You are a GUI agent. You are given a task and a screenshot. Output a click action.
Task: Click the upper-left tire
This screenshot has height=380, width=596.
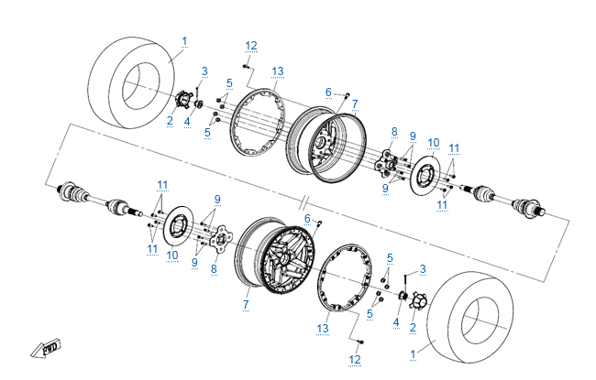coord(133,81)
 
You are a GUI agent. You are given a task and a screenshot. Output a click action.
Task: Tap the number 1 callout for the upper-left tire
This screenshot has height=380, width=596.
coord(184,41)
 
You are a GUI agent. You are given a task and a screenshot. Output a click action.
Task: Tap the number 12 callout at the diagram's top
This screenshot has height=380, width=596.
coord(251,46)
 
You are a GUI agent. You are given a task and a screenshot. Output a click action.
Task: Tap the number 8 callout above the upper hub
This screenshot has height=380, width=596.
coord(394,132)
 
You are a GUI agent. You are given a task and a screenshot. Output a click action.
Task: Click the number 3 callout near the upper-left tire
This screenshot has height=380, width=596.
coord(204,71)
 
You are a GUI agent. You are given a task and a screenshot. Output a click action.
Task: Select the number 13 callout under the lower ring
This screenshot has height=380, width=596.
coord(323,328)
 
